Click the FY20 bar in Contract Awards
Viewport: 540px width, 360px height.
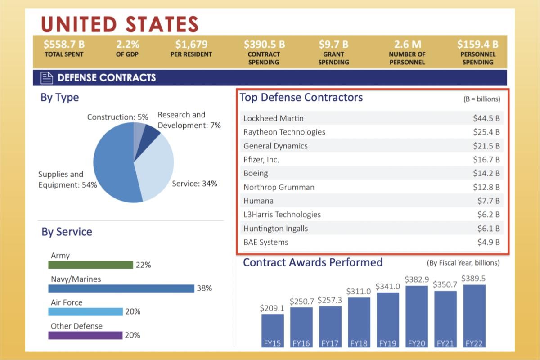coord(416,315)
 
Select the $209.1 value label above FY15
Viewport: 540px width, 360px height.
coord(272,308)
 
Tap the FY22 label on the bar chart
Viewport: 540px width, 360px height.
coord(474,343)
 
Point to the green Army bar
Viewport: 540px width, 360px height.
coord(90,265)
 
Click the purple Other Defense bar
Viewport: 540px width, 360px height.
coord(85,335)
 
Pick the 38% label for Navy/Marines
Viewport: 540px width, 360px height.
coord(204,288)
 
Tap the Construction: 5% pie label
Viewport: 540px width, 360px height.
coord(117,117)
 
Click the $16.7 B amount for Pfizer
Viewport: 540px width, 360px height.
coord(486,160)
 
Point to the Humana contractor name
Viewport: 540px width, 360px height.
coord(258,201)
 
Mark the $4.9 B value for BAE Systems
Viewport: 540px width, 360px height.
coord(488,242)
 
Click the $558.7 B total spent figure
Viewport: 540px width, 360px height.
coord(64,45)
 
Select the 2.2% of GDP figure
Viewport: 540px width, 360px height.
coord(128,45)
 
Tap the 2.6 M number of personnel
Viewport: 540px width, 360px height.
coord(408,45)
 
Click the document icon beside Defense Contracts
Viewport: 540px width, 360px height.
coord(47,78)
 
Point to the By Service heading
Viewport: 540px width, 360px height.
coord(67,232)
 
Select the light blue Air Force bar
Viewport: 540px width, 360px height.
coord(85,311)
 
